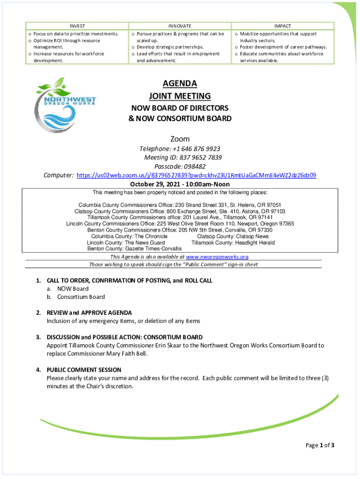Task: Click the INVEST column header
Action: [77, 26]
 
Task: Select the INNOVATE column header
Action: [180, 26]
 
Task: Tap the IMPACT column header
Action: [283, 26]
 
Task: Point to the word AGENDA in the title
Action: [180, 84]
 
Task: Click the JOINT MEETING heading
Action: [180, 96]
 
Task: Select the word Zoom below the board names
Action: [180, 139]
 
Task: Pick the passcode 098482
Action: [193, 167]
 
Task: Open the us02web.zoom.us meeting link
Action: [196, 175]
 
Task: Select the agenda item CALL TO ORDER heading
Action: [130, 281]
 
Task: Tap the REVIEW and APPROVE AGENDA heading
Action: [89, 312]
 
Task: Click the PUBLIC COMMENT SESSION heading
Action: [84, 370]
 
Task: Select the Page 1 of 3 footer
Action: [320, 445]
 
